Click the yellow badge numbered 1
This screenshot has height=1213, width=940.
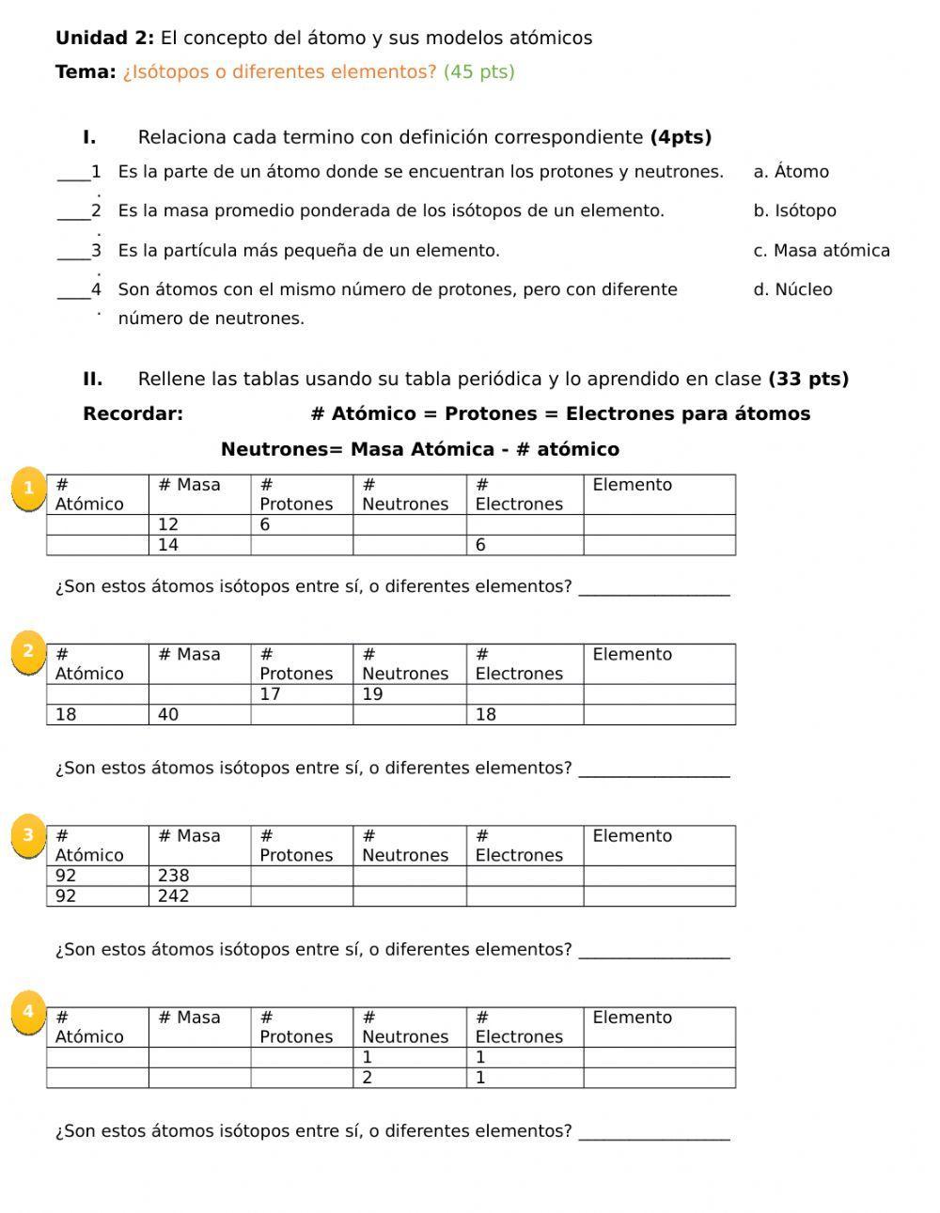(29, 488)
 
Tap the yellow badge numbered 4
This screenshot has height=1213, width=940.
(28, 1012)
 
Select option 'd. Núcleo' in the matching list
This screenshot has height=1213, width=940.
(792, 289)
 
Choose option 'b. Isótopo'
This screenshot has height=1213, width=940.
(794, 210)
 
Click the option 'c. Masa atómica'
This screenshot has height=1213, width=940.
(821, 250)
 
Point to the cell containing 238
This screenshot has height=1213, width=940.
(199, 876)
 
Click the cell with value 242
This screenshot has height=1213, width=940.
(199, 896)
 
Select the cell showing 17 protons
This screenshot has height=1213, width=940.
(302, 694)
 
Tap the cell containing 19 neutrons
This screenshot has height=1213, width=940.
(409, 694)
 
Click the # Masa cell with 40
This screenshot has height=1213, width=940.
(199, 715)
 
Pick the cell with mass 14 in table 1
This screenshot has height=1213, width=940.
(199, 545)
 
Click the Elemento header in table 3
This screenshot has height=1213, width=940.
(658, 846)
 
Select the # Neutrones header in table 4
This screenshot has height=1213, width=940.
(409, 1027)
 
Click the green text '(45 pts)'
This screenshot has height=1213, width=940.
(478, 72)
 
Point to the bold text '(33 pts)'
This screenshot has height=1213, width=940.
(808, 379)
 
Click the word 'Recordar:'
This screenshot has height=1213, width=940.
(133, 413)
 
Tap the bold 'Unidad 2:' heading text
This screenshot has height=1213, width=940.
(104, 39)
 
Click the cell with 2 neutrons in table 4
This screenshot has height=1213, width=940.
(409, 1078)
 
